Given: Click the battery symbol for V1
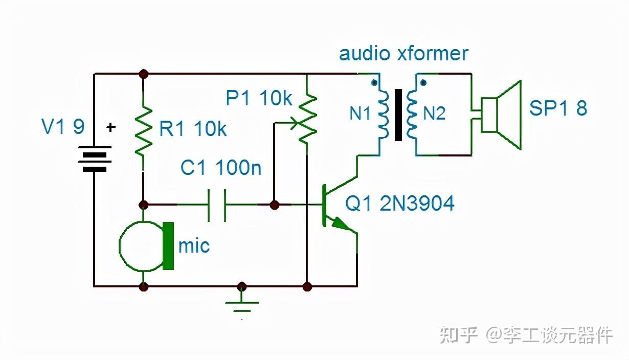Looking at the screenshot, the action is coord(94,159).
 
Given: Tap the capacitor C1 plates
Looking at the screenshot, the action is coord(217,205).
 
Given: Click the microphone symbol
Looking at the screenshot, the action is coord(146,246).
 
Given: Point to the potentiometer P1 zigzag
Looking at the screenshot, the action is coord(307,120).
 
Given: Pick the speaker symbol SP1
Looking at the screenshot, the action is coord(501,115).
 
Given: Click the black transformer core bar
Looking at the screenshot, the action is coord(398,115).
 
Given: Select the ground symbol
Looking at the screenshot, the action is coord(242,306).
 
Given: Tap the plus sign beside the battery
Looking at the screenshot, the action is coord(111,127).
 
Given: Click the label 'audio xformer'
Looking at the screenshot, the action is coord(403,54).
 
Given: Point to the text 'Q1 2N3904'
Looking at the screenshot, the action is coord(399,203).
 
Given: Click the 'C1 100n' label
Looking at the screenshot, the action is coord(221,168).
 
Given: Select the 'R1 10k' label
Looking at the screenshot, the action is coord(193,129).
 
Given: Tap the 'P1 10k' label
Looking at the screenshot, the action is coord(259,98).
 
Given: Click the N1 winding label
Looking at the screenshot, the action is coord(360,114).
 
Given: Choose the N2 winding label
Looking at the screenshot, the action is coord(434,114).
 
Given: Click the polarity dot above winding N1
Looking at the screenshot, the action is coord(374,82).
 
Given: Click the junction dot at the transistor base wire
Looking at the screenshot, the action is coord(274,205).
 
